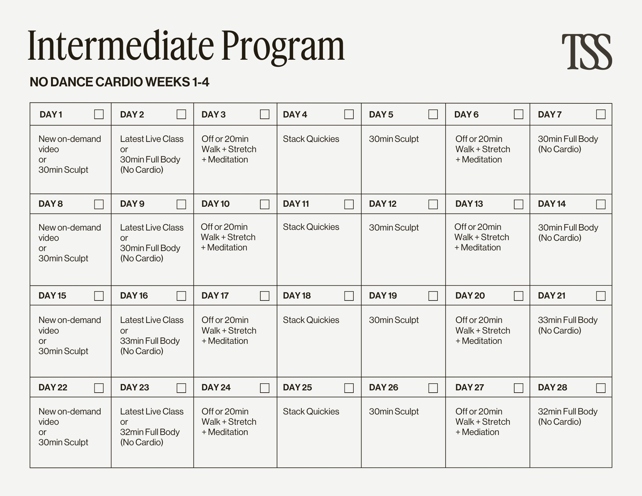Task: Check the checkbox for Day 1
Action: click(99, 114)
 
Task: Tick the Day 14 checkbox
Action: click(601, 204)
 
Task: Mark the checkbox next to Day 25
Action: click(349, 388)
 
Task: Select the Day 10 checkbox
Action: click(265, 204)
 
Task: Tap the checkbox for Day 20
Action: click(518, 296)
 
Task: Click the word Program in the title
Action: click(283, 47)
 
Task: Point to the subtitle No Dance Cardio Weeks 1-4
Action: click(119, 82)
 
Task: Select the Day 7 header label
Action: click(550, 115)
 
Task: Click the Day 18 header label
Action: click(297, 296)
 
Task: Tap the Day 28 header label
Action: click(552, 387)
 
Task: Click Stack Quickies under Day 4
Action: click(311, 139)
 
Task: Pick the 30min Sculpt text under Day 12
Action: click(394, 228)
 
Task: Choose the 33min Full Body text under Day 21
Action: click(568, 320)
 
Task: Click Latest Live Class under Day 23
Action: click(152, 412)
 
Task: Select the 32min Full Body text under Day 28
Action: click(568, 412)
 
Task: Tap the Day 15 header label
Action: click(52, 296)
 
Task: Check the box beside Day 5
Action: click(433, 114)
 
